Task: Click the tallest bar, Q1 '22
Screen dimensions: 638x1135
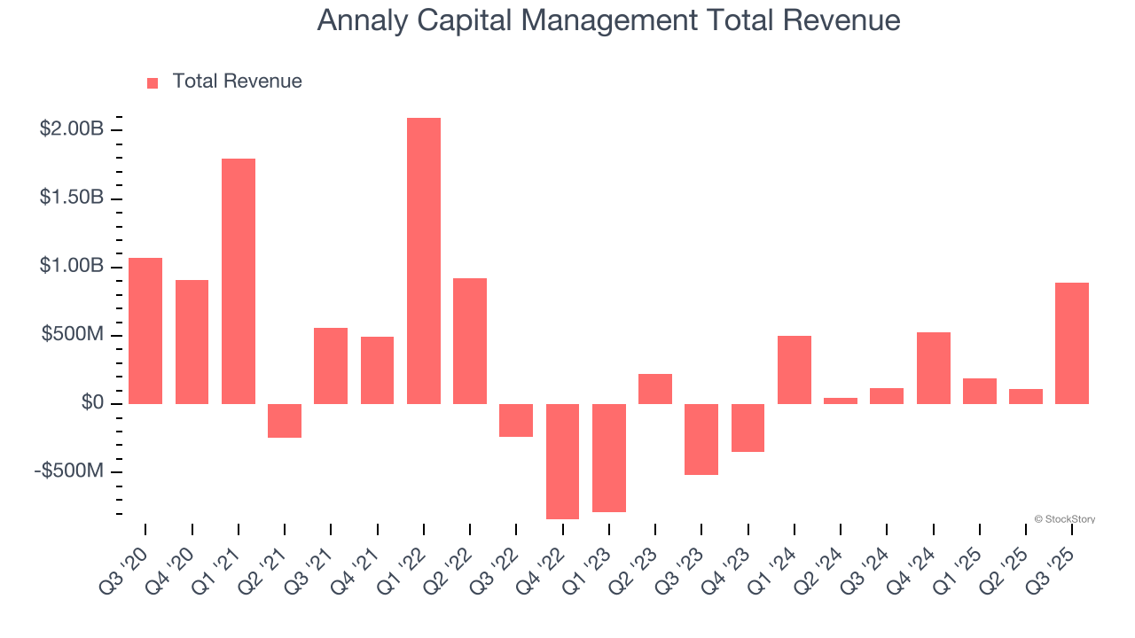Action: (424, 261)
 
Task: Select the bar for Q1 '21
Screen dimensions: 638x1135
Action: (239, 281)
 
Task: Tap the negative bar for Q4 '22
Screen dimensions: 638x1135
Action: (562, 461)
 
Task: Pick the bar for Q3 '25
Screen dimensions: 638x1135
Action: (1072, 343)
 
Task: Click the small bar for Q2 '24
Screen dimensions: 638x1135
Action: (841, 401)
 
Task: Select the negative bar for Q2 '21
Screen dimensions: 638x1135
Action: (285, 420)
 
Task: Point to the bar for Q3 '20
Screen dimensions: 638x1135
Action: (145, 331)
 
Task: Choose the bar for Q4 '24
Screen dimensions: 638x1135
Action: (933, 368)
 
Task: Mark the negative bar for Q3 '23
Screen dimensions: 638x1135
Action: (701, 439)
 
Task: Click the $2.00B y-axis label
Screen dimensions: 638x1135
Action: (72, 129)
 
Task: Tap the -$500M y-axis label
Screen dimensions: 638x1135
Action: (68, 471)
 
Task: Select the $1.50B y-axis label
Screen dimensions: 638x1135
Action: (72, 198)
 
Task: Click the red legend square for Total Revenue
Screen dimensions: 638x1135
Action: (153, 82)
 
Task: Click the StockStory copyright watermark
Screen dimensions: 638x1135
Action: (1064, 519)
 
